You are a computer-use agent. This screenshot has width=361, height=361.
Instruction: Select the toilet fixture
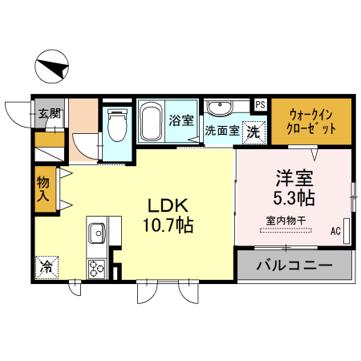point(118,125)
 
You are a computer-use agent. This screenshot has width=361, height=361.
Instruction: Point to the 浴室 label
point(181,121)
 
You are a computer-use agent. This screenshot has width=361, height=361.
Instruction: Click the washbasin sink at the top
point(220,108)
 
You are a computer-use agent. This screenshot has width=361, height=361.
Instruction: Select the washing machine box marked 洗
point(252,132)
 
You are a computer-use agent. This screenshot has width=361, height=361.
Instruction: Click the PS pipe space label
point(260,104)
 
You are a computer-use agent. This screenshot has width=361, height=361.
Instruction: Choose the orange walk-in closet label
point(311,121)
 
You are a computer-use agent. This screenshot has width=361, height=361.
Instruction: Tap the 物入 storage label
point(43,189)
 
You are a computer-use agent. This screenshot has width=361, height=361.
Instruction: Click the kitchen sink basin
point(96,233)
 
